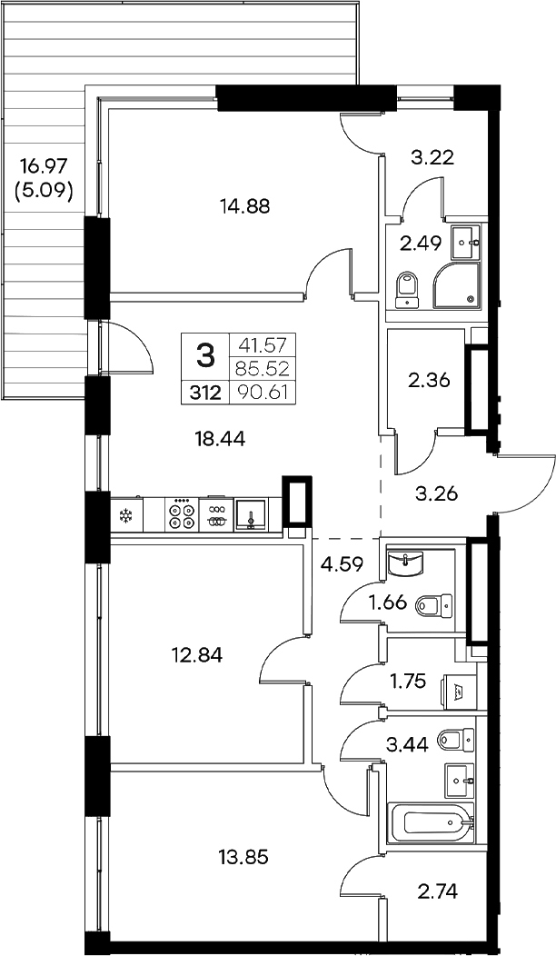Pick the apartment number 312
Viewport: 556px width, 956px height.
coord(205,393)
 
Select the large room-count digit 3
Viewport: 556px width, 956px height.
coord(206,354)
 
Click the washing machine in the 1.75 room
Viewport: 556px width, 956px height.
coord(457,688)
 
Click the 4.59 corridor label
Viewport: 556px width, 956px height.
coord(343,563)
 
